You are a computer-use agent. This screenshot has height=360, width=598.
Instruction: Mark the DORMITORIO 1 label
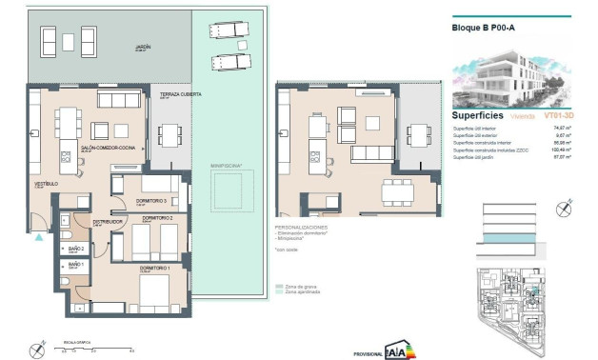point(154,269)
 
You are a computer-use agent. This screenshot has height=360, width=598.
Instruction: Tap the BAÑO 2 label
point(77,247)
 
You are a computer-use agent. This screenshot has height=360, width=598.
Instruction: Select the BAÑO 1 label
point(76,265)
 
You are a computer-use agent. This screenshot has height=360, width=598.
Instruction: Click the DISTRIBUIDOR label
point(109,222)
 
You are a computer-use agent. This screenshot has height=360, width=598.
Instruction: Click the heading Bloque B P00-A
point(485,28)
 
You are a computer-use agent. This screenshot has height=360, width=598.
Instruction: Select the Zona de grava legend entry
point(302,287)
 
